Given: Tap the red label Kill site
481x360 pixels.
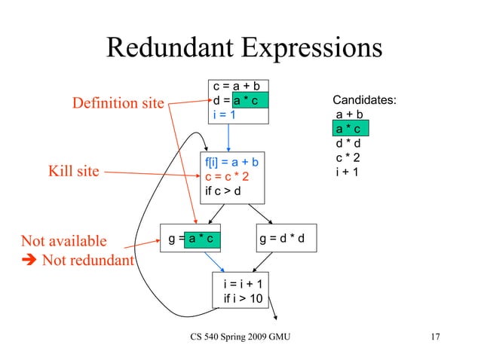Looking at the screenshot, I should pyautogui.click(x=74, y=171).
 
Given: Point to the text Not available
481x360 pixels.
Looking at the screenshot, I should pyautogui.click(x=64, y=241).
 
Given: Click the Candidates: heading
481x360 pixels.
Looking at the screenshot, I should pyautogui.click(x=365, y=100).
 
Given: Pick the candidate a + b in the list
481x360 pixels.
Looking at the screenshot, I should pyautogui.click(x=350, y=115).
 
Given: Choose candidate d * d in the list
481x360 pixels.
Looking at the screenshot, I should pyautogui.click(x=350, y=144).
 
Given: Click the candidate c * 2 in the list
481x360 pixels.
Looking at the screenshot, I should pyautogui.click(x=350, y=157).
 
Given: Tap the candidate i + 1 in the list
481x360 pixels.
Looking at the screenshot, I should pyautogui.click(x=348, y=172).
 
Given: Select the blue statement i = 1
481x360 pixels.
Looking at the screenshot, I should pyautogui.click(x=225, y=114).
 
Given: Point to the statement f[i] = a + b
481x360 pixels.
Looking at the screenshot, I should pyautogui.click(x=232, y=163).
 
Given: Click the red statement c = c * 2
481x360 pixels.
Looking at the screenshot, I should pyautogui.click(x=226, y=177).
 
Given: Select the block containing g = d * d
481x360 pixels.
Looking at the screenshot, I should pyautogui.click(x=287, y=239).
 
